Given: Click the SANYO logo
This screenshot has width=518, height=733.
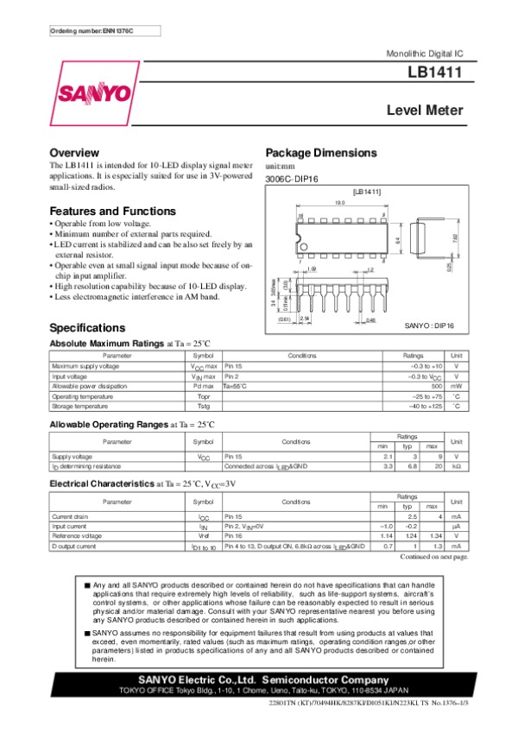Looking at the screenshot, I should [94, 92].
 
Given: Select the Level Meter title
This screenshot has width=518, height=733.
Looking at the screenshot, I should [425, 111].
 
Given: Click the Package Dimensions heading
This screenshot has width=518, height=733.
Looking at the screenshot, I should [320, 153].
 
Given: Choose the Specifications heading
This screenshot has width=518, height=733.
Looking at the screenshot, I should [87, 328].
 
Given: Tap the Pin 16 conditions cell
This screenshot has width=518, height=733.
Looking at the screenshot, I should [236, 536].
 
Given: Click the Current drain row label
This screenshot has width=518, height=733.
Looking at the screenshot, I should [71, 517].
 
